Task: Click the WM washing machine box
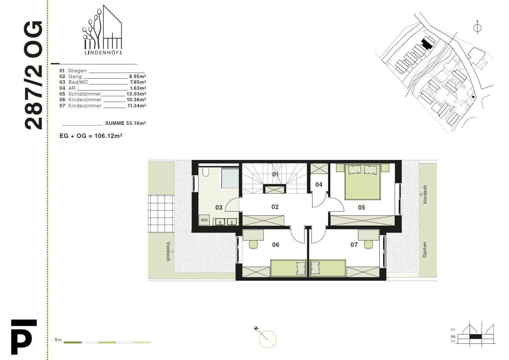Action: point(204,220)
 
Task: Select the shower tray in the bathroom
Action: point(230,178)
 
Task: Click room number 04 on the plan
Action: point(319,185)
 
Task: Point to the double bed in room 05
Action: point(362,182)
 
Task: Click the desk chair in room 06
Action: point(254,245)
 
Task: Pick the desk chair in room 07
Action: point(368,245)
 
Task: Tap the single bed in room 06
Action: point(288,268)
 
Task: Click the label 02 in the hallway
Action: point(275,207)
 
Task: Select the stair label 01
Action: point(275,174)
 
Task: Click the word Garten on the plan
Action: point(424,250)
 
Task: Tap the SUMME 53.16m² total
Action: point(125,123)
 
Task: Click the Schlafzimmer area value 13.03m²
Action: point(136,94)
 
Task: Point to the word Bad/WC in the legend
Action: point(78,82)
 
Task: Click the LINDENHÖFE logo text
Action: point(103,53)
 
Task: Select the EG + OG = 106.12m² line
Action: point(91,136)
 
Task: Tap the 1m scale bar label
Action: point(58,340)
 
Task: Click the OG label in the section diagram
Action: point(453,337)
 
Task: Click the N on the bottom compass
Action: point(256,328)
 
